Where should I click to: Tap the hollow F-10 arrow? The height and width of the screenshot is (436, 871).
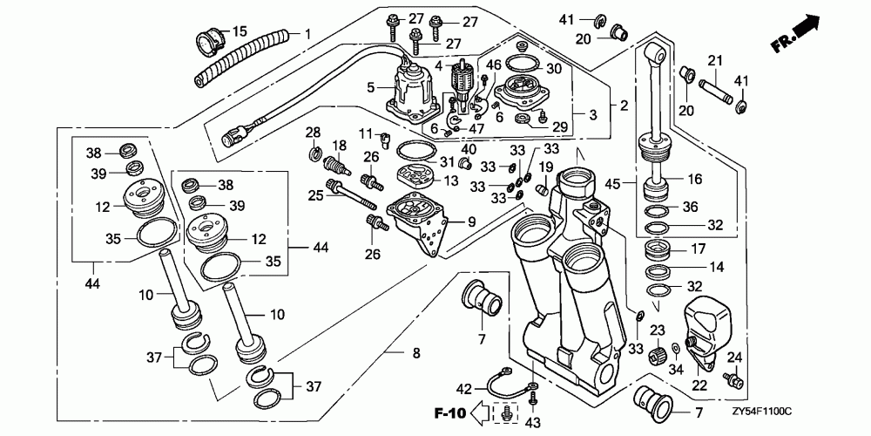479,413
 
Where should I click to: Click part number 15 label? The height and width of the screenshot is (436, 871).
240,32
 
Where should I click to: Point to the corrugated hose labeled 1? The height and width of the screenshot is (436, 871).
241,58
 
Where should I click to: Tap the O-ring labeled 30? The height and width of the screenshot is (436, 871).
523,65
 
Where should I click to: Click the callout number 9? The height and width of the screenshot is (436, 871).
472,222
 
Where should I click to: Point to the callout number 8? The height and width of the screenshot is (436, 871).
416,353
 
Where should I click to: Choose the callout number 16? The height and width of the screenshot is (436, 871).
694,179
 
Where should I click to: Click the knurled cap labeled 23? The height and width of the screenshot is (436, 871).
658,352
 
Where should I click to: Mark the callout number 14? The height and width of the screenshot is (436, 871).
717,268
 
